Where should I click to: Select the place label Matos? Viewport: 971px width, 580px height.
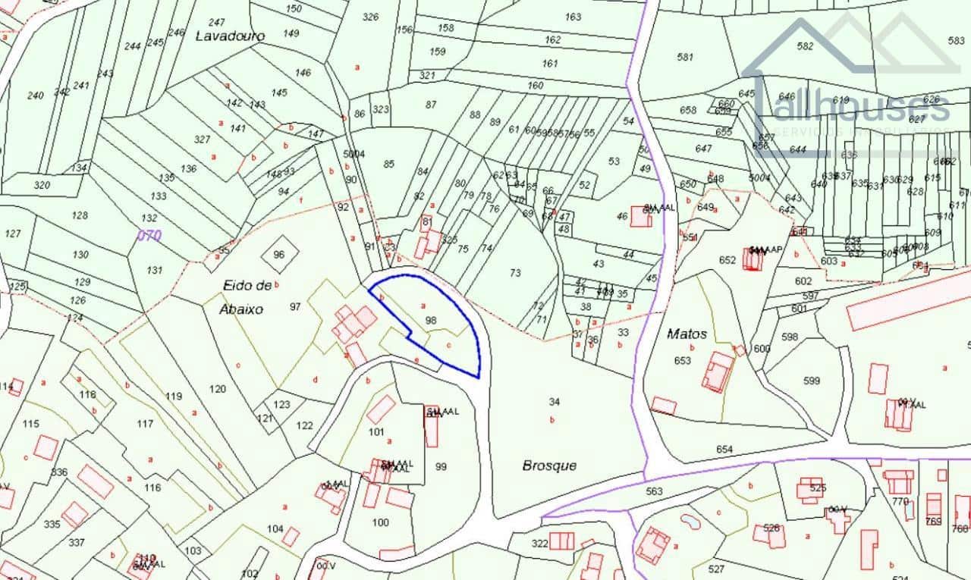tap(687, 334)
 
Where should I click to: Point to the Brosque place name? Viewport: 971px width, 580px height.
tap(549, 466)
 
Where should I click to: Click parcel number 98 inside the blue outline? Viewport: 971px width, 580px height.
tap(431, 321)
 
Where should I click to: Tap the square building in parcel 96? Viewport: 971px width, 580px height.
tap(278, 254)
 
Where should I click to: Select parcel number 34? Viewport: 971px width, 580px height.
tap(554, 402)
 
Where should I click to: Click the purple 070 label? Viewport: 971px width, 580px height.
tap(149, 236)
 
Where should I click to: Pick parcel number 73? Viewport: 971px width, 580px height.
tap(515, 273)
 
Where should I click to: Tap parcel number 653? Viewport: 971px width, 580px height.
tap(683, 361)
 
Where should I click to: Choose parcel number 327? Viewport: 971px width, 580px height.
tap(202, 140)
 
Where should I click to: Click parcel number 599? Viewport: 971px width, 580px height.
tap(812, 381)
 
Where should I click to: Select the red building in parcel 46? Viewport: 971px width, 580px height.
tap(640, 217)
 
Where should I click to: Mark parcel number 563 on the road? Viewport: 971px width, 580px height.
tap(654, 491)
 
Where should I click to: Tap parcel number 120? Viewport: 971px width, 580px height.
tap(218, 389)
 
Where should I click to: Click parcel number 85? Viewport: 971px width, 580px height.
tap(389, 164)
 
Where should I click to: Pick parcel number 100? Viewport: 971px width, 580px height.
tap(381, 522)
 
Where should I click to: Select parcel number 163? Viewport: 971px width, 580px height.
tap(573, 17)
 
